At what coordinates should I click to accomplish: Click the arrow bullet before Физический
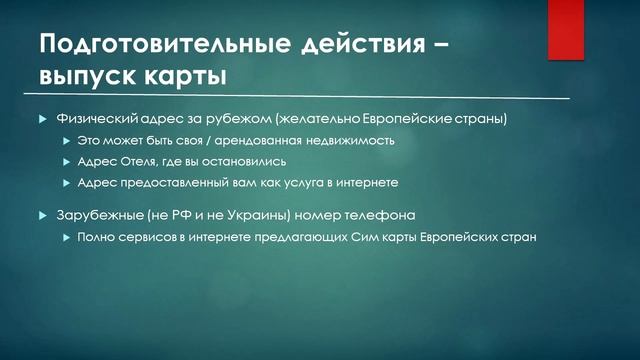[x=42, y=119]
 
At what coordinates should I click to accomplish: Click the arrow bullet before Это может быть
[x=67, y=141]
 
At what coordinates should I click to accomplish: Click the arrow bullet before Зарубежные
[x=42, y=216]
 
